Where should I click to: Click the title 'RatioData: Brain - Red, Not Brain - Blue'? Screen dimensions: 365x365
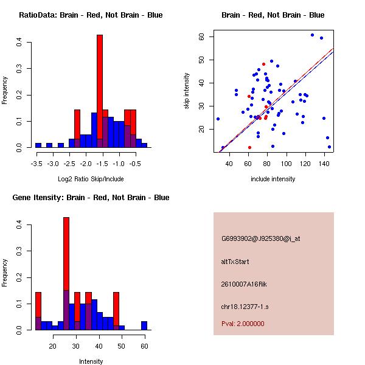(90, 15)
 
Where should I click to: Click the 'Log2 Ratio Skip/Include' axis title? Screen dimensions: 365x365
(90, 179)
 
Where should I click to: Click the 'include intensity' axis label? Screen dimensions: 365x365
(273, 179)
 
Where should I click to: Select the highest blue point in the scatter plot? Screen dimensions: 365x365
(312, 35)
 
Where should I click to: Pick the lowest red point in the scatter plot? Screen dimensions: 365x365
(249, 147)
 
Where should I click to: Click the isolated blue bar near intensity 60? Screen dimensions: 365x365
(144, 325)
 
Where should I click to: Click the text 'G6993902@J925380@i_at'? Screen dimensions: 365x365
(260, 238)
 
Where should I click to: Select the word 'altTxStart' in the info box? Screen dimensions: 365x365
(235, 262)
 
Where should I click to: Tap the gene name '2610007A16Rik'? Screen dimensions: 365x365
(243, 284)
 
